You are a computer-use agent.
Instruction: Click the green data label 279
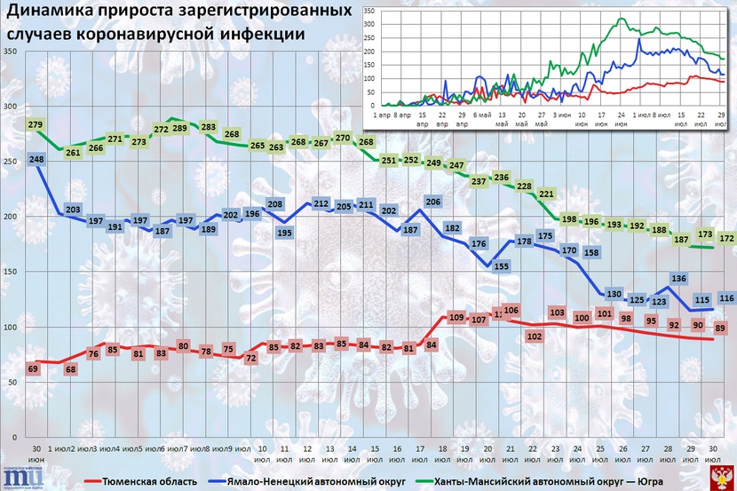(x=36, y=124)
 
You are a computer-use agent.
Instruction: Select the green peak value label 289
(x=178, y=129)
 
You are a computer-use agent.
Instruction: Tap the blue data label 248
(x=36, y=159)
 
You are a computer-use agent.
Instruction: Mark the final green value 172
(x=725, y=239)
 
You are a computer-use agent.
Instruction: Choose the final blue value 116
(x=725, y=298)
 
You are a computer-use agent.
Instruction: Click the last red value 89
(x=720, y=329)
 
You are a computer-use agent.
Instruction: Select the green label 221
(x=547, y=194)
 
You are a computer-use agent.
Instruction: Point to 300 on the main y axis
(x=12, y=107)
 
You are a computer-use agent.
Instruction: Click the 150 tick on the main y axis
(x=12, y=273)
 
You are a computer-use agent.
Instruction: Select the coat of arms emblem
(x=724, y=478)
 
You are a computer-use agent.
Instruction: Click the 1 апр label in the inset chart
(x=383, y=115)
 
